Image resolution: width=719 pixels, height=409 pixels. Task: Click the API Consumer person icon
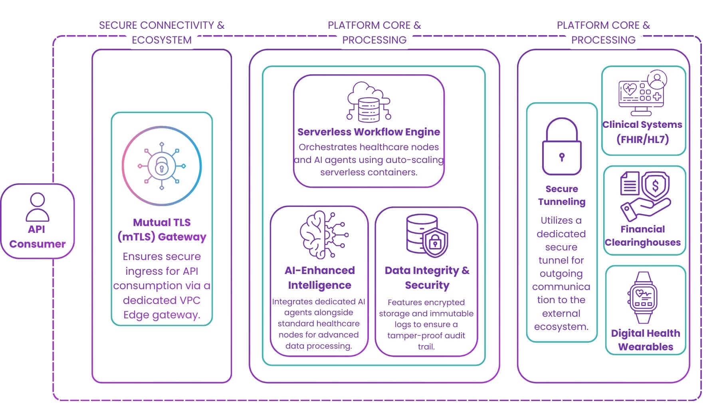coord(37,207)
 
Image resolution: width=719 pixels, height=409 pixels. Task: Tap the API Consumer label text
coord(37,236)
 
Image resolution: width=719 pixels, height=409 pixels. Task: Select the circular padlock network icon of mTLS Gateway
coord(162,166)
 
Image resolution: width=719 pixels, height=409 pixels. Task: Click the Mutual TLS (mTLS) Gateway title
coord(162,229)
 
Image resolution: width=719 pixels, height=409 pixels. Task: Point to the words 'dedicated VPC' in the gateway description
coord(161,300)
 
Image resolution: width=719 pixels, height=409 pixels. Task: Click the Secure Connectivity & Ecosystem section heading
coord(162,32)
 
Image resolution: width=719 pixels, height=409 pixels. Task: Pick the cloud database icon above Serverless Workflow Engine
coord(368,102)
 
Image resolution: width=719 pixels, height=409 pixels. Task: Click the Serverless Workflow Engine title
coord(368,132)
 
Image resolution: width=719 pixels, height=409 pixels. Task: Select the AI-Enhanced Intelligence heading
coord(319,278)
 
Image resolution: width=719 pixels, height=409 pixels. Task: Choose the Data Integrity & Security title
coord(427,278)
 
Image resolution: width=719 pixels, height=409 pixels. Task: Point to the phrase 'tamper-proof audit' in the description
coord(426,336)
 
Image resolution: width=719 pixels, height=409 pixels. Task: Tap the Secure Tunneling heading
coord(561,195)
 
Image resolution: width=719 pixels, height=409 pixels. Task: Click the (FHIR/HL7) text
coord(642,139)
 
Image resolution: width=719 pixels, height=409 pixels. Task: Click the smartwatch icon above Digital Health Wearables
coord(643,298)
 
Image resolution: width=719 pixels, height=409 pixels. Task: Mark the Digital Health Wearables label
coord(645,340)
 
